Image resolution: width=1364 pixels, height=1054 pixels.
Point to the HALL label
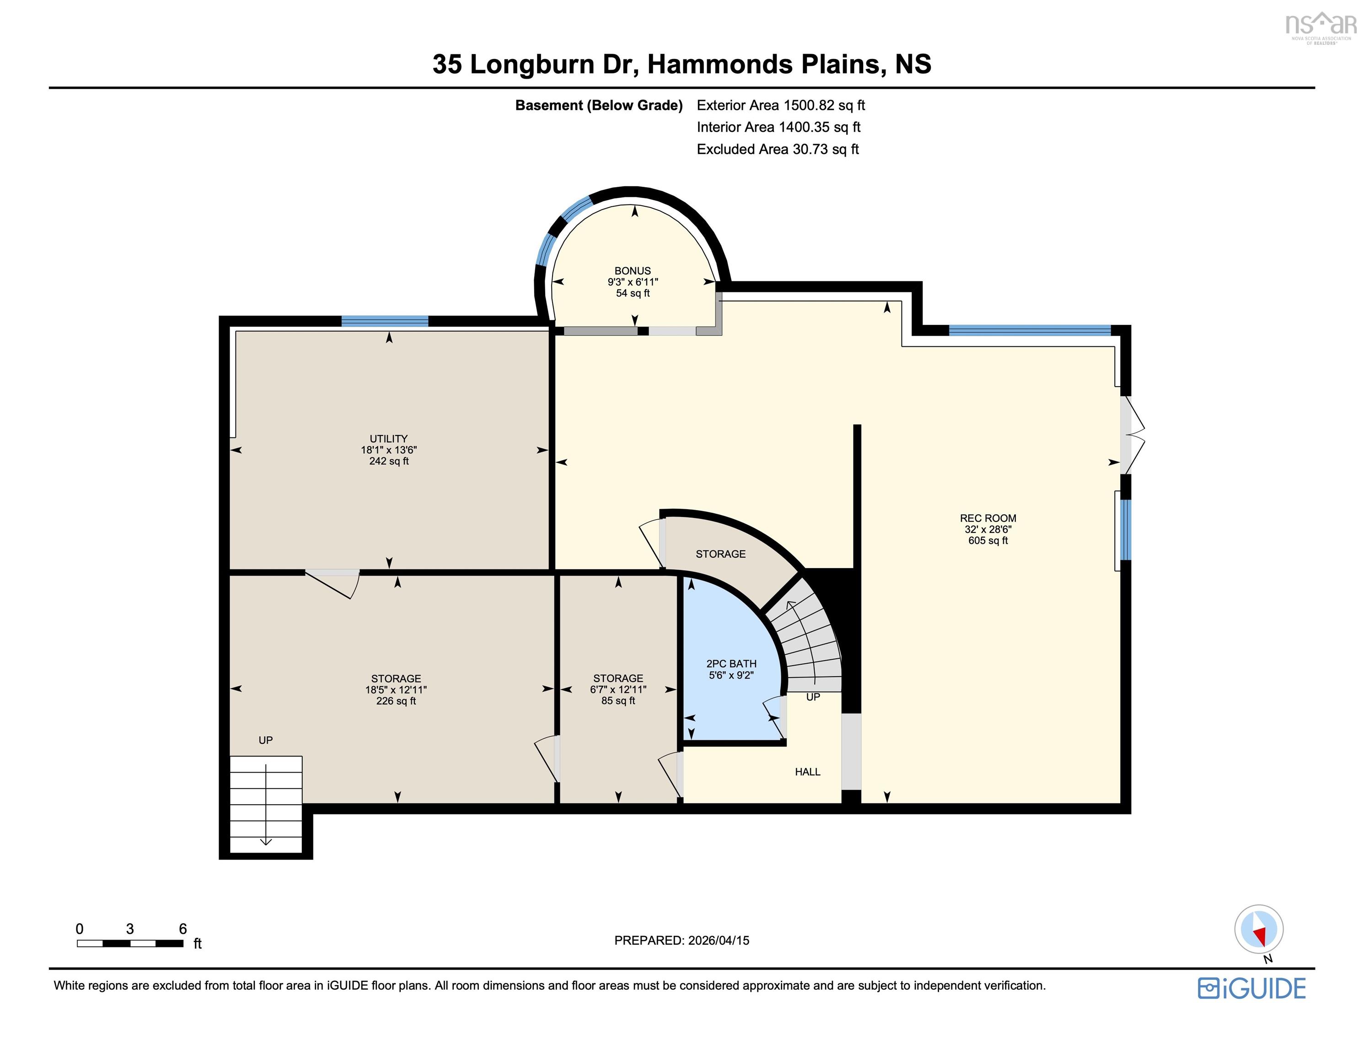(x=807, y=772)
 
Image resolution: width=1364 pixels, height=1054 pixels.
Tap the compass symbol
(x=1258, y=930)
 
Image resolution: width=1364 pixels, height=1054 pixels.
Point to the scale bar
(x=130, y=943)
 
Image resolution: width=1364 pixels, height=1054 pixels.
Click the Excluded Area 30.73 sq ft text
(x=778, y=149)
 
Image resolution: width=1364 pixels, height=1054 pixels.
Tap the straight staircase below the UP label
(x=266, y=803)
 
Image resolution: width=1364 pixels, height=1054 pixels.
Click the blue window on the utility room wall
(x=385, y=321)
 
